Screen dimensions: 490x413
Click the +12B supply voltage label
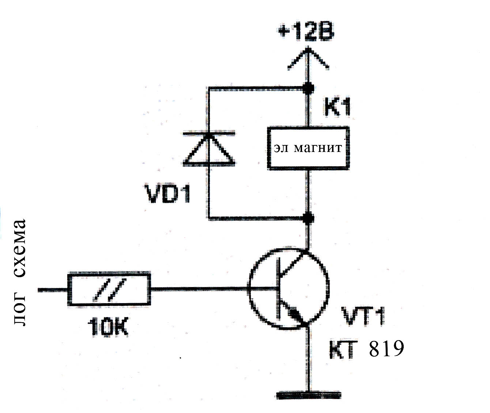click(x=306, y=34)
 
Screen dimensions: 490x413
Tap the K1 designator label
click(x=338, y=107)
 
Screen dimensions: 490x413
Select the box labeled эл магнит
click(x=308, y=148)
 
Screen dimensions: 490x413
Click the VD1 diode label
click(x=167, y=194)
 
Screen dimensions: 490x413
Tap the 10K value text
click(x=108, y=326)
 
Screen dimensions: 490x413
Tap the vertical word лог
click(x=20, y=310)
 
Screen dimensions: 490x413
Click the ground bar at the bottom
click(x=308, y=395)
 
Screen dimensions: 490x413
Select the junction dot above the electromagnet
click(x=308, y=88)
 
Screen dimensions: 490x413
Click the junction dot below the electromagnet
click(x=308, y=218)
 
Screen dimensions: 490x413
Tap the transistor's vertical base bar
click(x=279, y=288)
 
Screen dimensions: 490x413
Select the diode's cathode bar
click(x=209, y=133)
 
